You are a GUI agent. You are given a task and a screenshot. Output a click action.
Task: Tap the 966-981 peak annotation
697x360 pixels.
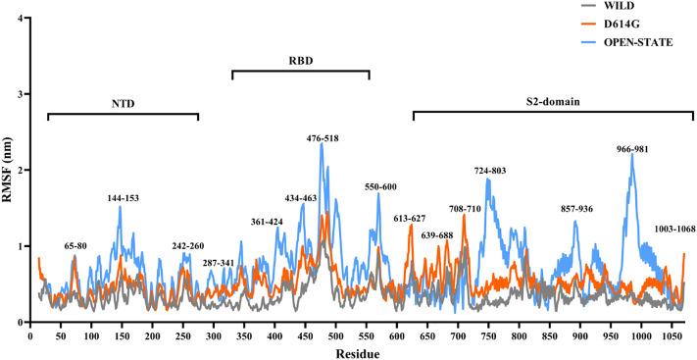point(632,149)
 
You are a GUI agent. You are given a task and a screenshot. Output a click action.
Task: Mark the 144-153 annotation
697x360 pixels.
point(124,198)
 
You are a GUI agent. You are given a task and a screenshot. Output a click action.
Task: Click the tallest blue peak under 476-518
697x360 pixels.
point(321,144)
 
